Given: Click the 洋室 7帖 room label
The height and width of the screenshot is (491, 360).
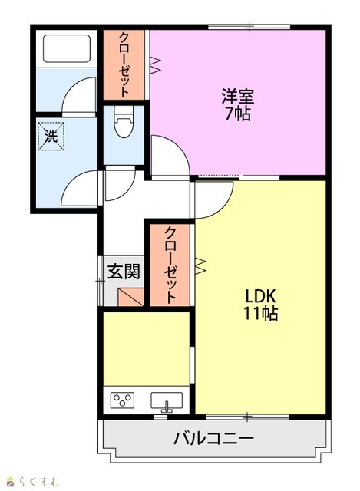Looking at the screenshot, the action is pos(237,104).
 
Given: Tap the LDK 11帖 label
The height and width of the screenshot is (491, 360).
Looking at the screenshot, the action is pos(260,304).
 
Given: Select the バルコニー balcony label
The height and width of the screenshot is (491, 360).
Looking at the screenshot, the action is pos(213,438).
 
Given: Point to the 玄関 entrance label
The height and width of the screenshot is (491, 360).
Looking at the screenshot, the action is pos(124,271).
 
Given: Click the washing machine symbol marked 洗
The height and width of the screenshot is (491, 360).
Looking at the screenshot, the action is pos(51,137).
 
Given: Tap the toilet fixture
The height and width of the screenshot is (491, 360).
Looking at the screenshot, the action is pos(124,122).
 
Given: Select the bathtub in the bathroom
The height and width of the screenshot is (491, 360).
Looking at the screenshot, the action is pos(67,48).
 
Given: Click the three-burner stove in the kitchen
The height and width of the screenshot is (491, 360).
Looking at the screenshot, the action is pos(122,400).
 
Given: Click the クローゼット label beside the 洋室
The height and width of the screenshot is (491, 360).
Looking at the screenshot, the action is pos(124,64).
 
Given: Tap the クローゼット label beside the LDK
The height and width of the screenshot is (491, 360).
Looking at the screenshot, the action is pos(170,265).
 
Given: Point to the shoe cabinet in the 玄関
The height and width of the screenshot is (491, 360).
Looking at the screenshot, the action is pos(131,297).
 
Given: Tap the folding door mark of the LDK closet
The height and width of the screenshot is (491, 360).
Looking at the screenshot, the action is pos(200,266).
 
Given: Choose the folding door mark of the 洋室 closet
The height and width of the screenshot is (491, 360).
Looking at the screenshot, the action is pos(155,65).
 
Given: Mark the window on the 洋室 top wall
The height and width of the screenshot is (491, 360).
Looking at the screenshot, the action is pos(249,28).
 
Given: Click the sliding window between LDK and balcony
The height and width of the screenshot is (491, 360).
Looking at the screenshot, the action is pos(247,417).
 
